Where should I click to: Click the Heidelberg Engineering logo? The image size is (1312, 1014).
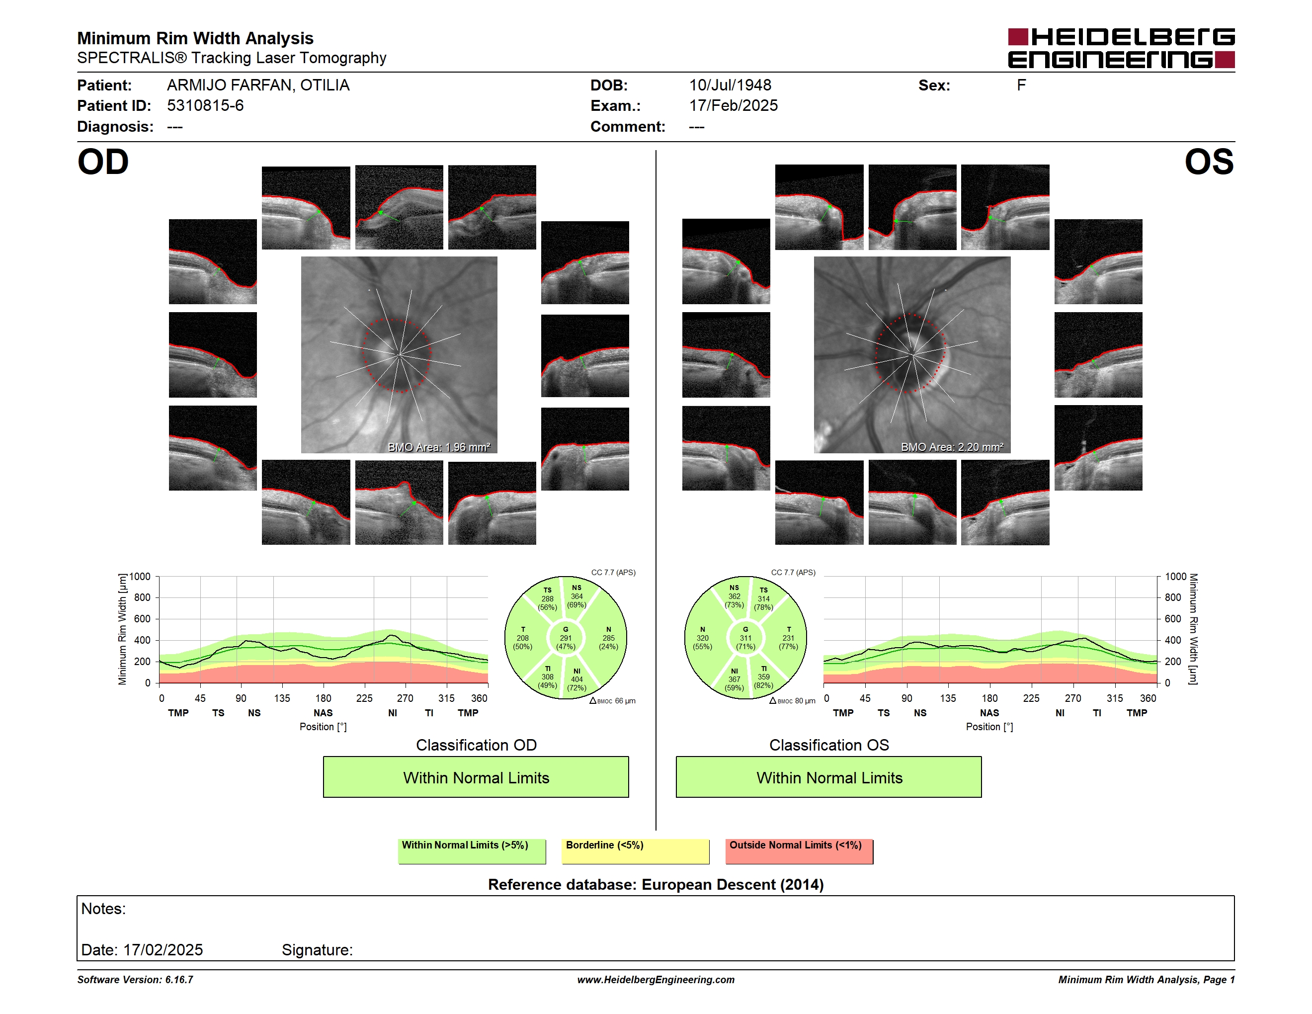coord(1121,48)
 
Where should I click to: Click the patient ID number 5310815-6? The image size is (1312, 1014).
coord(205,106)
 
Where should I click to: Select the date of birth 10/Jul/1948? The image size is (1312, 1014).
coord(730,85)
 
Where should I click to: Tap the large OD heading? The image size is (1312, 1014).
coord(103,162)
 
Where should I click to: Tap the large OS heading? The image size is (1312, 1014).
coord(1209,162)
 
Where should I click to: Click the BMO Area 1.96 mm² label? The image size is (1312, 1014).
coord(438,447)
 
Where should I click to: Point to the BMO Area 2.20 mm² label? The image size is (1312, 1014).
coord(952,447)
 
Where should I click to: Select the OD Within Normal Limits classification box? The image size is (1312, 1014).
coord(476,777)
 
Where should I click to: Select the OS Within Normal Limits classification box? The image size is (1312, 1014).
coord(829,777)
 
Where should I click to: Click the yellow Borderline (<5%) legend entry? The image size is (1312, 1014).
coord(636,851)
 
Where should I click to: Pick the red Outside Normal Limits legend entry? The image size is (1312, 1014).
coord(799,851)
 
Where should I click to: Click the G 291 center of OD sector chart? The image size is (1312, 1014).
coord(565,638)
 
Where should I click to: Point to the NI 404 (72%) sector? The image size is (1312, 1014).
coord(576,679)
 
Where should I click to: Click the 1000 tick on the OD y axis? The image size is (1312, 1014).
coord(139,577)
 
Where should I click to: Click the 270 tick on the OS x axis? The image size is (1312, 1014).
coord(1073,698)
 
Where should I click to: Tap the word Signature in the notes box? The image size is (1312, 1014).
coord(317,950)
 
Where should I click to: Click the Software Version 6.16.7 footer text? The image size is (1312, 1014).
coord(135,980)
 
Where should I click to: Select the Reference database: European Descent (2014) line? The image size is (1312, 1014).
coord(656,884)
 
